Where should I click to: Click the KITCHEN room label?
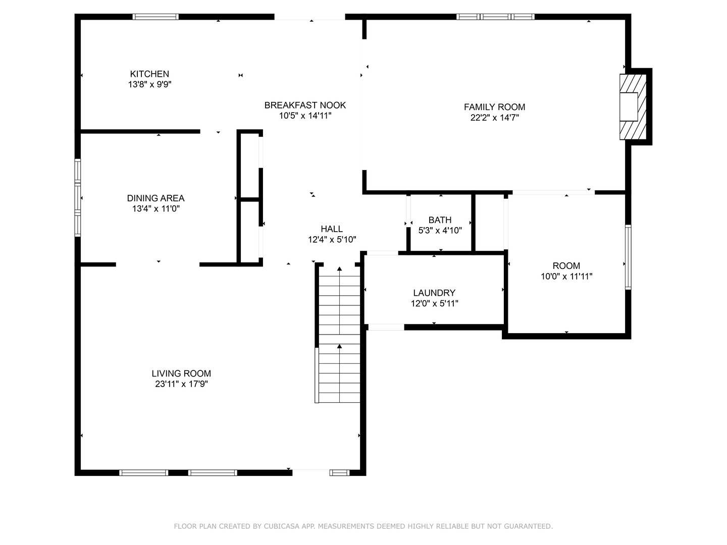click(x=149, y=74)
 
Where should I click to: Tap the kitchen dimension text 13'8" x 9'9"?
click(x=149, y=85)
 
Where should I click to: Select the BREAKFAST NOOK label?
click(x=305, y=105)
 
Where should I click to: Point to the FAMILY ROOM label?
click(x=494, y=107)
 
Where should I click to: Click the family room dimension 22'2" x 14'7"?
click(x=494, y=118)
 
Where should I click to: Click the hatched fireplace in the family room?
click(x=633, y=107)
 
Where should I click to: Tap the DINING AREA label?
click(x=155, y=198)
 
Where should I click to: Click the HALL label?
click(x=332, y=229)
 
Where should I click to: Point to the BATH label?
click(x=440, y=220)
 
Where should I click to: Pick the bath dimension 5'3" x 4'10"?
click(x=440, y=231)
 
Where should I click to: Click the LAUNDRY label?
click(x=434, y=293)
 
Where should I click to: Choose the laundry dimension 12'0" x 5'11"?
click(x=434, y=303)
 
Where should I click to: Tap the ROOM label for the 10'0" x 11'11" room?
click(x=566, y=266)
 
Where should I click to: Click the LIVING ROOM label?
click(x=181, y=373)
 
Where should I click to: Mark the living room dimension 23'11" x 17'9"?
click(x=181, y=384)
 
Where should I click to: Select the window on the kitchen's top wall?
click(x=155, y=17)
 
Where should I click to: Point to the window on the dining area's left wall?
click(x=78, y=198)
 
